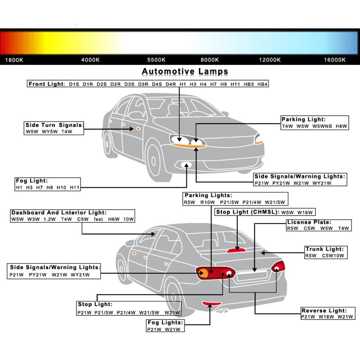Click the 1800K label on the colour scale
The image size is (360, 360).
[14, 60]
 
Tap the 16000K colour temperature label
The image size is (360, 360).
[335, 60]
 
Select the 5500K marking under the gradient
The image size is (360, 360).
[156, 60]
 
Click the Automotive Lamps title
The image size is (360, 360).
[185, 72]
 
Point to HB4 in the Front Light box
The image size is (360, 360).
[262, 84]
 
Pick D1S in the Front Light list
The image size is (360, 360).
[74, 84]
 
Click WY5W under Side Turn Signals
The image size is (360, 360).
[49, 131]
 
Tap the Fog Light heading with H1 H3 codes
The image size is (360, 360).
[31, 181]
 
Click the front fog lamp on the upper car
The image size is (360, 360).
[186, 165]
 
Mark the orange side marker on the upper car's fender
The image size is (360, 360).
[138, 129]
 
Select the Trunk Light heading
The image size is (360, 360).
[324, 249]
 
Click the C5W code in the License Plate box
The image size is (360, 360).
[309, 228]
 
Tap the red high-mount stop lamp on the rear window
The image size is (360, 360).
[236, 250]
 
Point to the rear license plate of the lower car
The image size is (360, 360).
[252, 275]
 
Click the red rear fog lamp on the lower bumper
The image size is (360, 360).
[211, 303]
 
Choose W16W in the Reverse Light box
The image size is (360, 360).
[326, 317]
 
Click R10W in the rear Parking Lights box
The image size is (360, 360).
[207, 202]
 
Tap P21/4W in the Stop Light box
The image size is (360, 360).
[126, 313]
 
